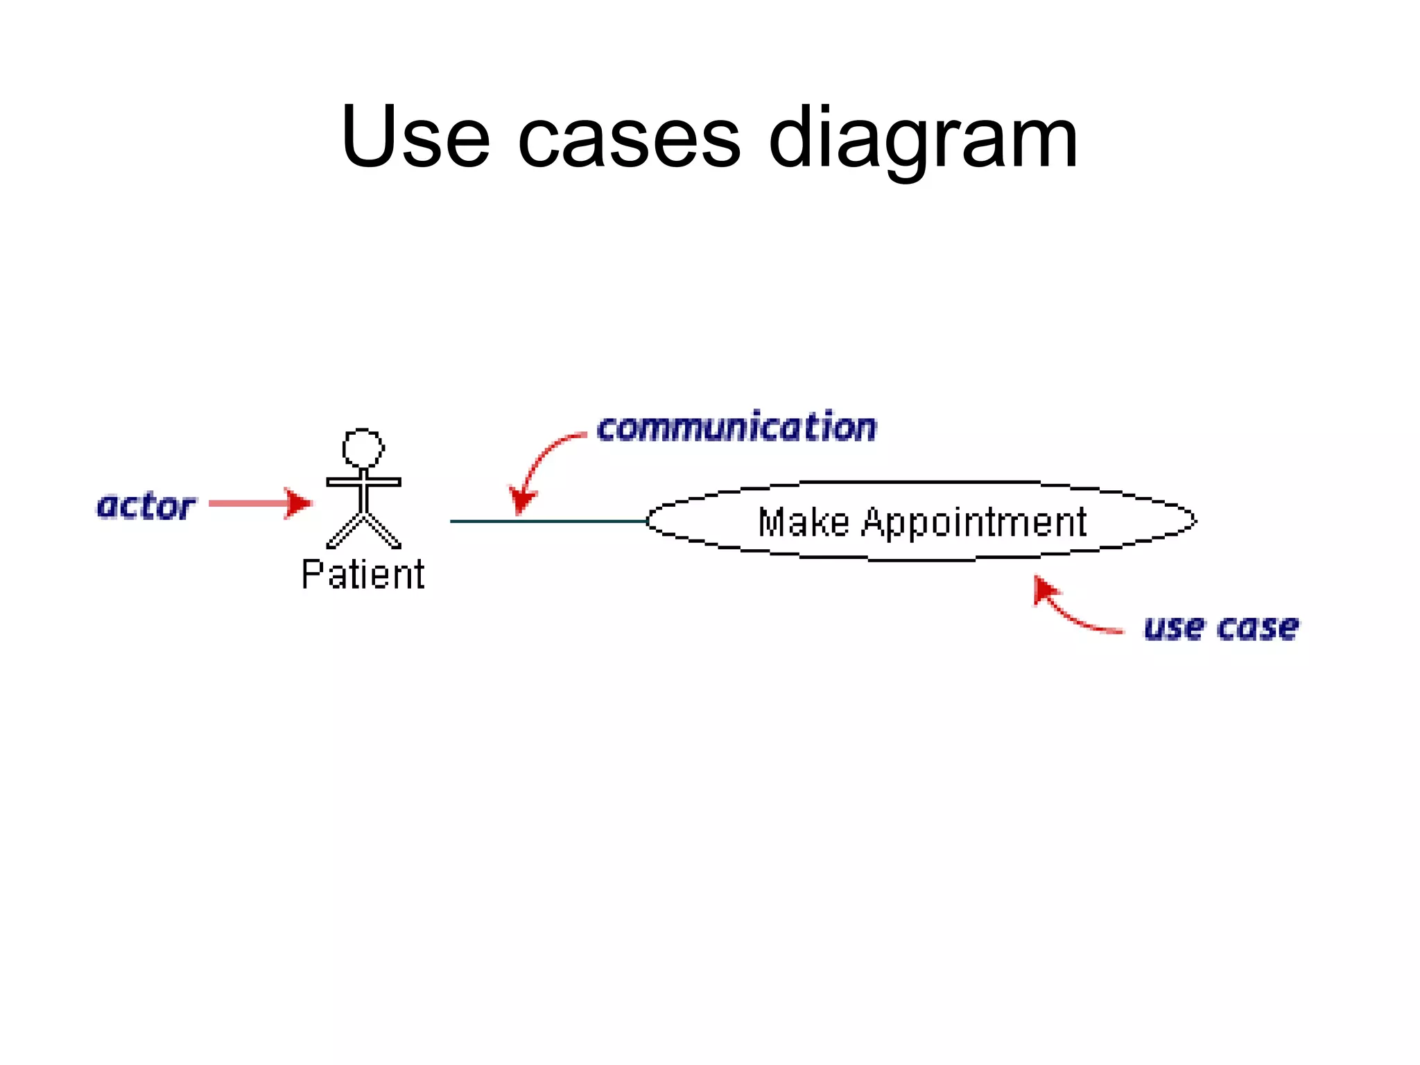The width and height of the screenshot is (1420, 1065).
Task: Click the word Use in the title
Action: (x=415, y=137)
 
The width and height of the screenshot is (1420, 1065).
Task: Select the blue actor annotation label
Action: (x=146, y=507)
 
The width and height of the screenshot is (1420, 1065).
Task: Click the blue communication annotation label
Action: (x=736, y=427)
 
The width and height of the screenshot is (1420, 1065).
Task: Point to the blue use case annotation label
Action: (x=1221, y=628)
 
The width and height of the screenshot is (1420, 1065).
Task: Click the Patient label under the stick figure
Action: (x=363, y=575)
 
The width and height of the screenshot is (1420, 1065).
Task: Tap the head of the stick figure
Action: (x=363, y=449)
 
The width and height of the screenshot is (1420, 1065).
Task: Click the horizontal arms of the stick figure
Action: (x=363, y=482)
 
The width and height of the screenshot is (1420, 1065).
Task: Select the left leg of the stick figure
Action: (x=345, y=531)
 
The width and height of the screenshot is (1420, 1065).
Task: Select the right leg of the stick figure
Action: (x=383, y=531)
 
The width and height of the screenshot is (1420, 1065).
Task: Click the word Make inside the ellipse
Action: (x=803, y=522)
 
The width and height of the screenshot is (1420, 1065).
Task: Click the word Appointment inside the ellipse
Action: (x=973, y=523)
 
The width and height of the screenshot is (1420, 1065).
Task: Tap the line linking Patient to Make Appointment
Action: (x=548, y=521)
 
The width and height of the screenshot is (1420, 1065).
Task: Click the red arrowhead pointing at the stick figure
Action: (x=299, y=503)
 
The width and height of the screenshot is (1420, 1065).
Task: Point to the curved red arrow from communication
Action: (x=542, y=458)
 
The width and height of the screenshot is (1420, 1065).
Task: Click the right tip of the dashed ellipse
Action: (x=1195, y=520)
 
